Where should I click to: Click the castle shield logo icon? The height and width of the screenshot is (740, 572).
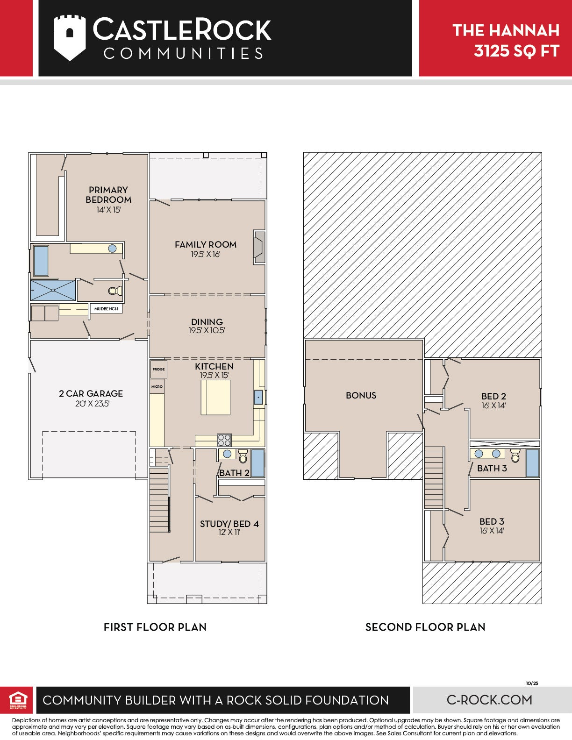(69, 37)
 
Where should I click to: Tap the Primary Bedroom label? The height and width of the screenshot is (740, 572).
(108, 194)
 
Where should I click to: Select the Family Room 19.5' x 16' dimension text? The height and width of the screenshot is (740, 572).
(206, 254)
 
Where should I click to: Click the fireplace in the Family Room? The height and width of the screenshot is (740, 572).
(259, 247)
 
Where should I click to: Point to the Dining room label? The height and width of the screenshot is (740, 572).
(207, 321)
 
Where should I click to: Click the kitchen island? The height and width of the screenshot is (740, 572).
(215, 398)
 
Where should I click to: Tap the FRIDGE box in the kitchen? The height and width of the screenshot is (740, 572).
(159, 369)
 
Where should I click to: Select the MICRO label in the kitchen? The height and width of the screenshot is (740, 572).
(157, 386)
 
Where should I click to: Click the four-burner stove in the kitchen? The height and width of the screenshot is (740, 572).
(224, 440)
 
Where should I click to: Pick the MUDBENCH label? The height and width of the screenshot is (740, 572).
(106, 308)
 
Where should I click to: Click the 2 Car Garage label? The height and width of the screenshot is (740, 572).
(91, 393)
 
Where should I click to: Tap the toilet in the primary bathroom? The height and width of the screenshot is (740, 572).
(115, 291)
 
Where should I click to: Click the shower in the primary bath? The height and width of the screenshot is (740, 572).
(53, 290)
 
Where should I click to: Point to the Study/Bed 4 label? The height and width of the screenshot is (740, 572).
(229, 524)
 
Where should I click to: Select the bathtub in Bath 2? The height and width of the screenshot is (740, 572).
(257, 463)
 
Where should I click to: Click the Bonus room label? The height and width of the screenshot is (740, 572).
(361, 395)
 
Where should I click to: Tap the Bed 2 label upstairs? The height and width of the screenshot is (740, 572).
(493, 396)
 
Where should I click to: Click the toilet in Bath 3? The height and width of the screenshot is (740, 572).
(515, 455)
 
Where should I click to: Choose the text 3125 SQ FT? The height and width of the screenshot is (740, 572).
(516, 51)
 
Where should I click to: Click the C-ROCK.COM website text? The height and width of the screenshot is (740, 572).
(489, 700)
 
